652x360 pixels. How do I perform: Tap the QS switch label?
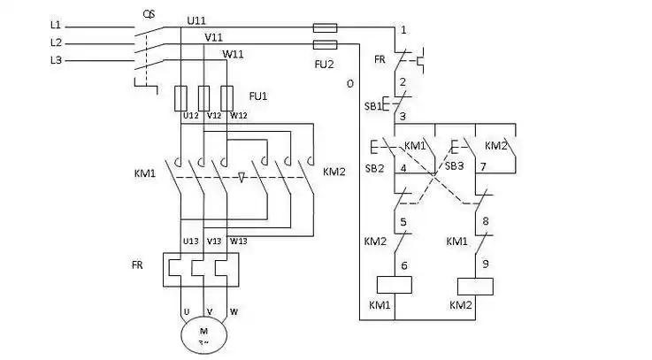coord(150,14)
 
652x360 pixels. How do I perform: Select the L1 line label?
coord(56,26)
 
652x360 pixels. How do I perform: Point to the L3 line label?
coord(56,59)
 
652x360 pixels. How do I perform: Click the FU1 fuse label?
coord(258,94)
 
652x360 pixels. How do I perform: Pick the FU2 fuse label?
coord(325,64)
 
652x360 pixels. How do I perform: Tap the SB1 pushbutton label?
coord(374,106)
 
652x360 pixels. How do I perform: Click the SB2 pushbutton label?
coord(374,168)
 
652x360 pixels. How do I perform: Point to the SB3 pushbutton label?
coord(454,165)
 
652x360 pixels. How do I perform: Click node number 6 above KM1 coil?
coord(403,264)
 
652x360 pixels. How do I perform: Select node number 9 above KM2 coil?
coord(485,263)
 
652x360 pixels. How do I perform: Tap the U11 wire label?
coord(197,19)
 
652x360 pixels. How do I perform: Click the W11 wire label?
coord(233,54)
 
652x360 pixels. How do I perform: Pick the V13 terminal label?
coord(214,241)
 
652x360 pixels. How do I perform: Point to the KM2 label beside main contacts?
coord(334,171)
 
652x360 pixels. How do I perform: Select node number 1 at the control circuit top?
coord(403,30)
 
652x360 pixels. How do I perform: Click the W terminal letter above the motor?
coord(234,311)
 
